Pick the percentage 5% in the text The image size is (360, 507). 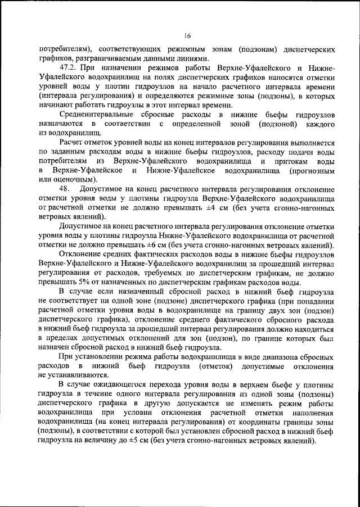pos(83,282)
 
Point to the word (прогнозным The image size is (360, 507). pos(313,170)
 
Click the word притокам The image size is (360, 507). pos(280,161)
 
